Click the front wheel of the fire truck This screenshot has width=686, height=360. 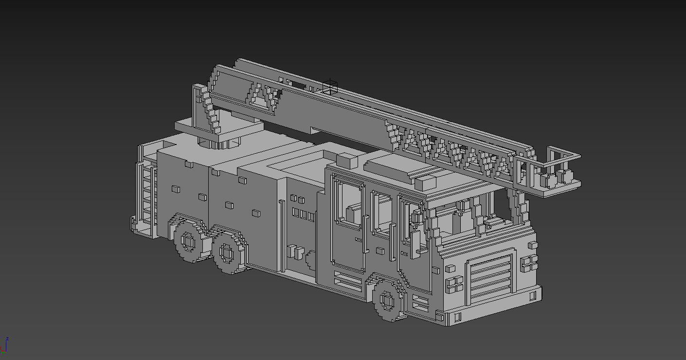pos(388,300)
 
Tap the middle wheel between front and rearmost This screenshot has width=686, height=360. pos(227,252)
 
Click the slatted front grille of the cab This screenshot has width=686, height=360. pos(489,277)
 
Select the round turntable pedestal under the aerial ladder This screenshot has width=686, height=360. pos(219,142)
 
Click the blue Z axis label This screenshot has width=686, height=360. pos(7,339)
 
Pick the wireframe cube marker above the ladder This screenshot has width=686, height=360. pos(330,87)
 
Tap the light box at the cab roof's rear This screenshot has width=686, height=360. pos(347,161)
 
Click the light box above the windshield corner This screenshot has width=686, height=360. pos(426,183)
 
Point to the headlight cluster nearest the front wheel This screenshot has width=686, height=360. pos(453,283)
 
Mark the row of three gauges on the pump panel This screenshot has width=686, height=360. pos(304,215)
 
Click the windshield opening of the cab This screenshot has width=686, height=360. pos(467,219)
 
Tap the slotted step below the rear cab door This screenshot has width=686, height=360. pos(347,281)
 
